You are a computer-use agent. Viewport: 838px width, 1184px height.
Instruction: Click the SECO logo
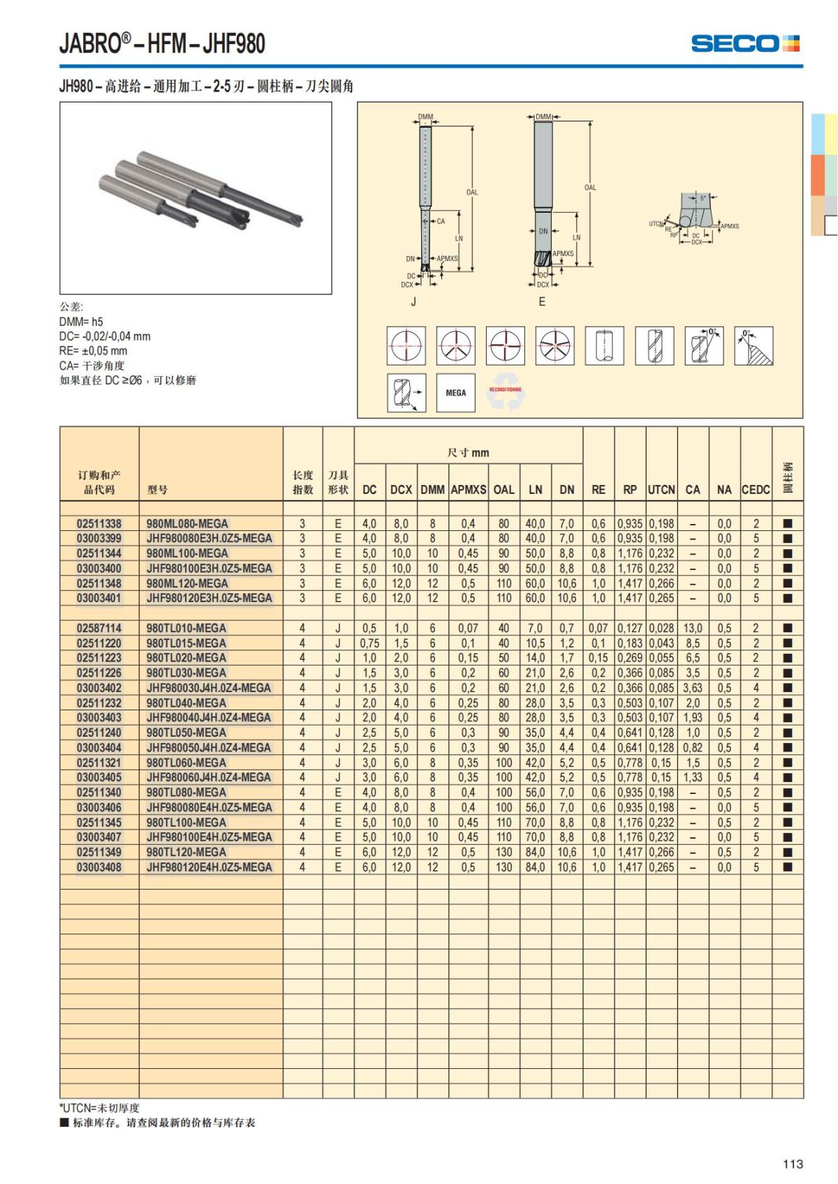pyautogui.click(x=745, y=43)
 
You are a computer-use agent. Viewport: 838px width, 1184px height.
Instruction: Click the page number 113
pyautogui.click(x=793, y=1164)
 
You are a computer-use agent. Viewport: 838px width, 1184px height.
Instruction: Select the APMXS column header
pyautogui.click(x=468, y=489)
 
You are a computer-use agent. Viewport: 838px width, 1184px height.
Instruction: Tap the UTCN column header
pyautogui.click(x=661, y=489)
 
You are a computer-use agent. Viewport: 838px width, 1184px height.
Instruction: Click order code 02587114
pyautogui.click(x=99, y=628)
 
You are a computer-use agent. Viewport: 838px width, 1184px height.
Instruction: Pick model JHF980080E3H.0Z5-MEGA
pyautogui.click(x=209, y=538)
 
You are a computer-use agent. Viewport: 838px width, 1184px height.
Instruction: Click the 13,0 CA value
pyautogui.click(x=693, y=628)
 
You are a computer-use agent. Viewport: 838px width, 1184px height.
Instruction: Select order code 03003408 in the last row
pyautogui.click(x=99, y=867)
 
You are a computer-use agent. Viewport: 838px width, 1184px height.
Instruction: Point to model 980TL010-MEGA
pyautogui.click(x=186, y=628)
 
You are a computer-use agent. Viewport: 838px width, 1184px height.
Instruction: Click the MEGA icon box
pyautogui.click(x=455, y=393)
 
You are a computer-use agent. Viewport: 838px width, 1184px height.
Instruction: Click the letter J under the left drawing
pyautogui.click(x=413, y=302)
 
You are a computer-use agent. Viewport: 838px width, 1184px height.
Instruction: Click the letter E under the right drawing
pyautogui.click(x=542, y=302)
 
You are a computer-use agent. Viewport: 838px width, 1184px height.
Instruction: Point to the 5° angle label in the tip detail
pyautogui.click(x=703, y=199)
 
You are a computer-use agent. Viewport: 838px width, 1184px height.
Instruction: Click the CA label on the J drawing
pyautogui.click(x=441, y=221)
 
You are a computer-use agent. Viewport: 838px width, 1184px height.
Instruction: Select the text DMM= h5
pyautogui.click(x=81, y=322)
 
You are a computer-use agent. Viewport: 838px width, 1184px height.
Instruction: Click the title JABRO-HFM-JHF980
pyautogui.click(x=162, y=44)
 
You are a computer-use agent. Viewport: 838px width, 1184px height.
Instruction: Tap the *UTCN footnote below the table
pyautogui.click(x=99, y=1107)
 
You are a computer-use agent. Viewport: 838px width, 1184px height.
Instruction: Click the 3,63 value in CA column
pyautogui.click(x=693, y=688)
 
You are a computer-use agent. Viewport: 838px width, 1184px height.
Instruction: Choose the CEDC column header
pyautogui.click(x=756, y=489)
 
